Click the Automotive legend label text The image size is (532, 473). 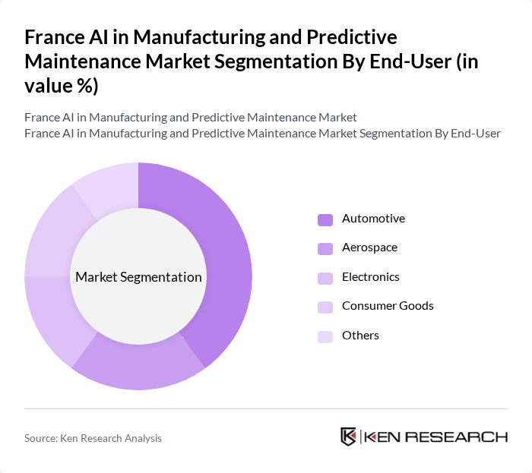(x=373, y=219)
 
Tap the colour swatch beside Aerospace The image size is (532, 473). (x=325, y=248)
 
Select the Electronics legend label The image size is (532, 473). (x=370, y=277)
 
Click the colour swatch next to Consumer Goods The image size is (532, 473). (x=325, y=307)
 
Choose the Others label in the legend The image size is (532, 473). (x=360, y=336)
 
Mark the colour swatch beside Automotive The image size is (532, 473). (x=325, y=219)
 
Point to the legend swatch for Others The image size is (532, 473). (x=325, y=336)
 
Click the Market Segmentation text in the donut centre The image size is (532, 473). (x=138, y=277)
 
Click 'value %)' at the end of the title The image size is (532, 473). (x=61, y=86)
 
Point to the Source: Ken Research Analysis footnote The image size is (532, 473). (x=93, y=438)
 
